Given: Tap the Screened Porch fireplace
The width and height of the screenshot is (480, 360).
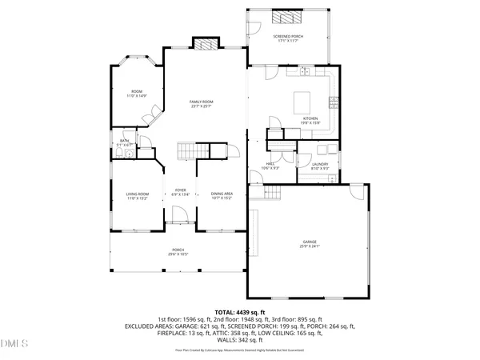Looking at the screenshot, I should point(284,16).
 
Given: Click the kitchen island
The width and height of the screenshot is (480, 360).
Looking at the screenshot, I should point(303,102).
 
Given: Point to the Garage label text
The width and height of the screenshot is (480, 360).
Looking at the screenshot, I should point(309,241).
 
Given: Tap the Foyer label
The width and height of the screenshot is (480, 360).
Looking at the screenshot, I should point(179,190).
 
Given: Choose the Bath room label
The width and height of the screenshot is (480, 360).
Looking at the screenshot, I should point(125,141).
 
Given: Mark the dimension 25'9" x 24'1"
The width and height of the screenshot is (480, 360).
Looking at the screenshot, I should point(310,246).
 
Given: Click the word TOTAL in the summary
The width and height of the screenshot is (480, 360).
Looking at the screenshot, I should point(225,312).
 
